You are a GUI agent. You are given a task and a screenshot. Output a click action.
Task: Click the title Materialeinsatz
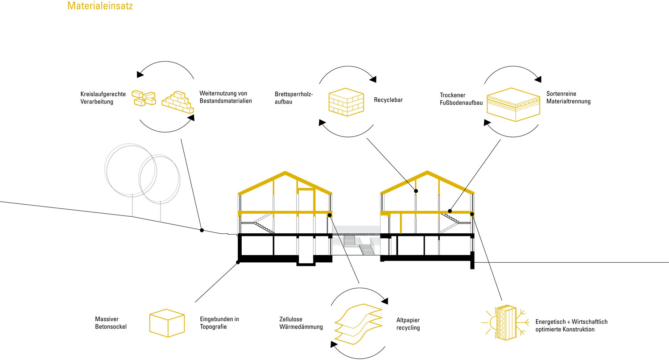coord(99,6)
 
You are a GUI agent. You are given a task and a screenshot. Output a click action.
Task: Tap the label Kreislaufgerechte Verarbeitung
coord(103,98)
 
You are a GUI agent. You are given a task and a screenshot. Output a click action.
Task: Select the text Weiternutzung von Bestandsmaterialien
coord(226,97)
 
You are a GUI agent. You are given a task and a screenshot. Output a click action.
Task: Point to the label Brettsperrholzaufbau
coord(294,98)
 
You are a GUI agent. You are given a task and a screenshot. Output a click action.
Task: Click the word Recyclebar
coord(388,100)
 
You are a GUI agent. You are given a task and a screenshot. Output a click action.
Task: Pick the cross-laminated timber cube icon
coord(346,101)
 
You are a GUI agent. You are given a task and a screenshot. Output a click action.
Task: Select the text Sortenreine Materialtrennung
coord(568,98)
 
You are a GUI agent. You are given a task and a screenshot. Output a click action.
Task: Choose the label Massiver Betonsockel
coord(111,323)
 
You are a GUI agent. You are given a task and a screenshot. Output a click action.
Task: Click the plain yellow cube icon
coord(166,323)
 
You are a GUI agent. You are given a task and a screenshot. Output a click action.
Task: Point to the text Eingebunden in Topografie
coord(219,323)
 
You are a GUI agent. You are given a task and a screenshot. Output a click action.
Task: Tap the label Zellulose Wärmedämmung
coord(301,323)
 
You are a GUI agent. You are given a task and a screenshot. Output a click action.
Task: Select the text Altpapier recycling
coord(408,324)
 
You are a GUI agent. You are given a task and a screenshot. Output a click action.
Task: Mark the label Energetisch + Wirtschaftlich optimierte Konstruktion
coord(571,325)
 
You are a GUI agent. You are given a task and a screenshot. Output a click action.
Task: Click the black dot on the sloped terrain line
coord(202,230)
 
